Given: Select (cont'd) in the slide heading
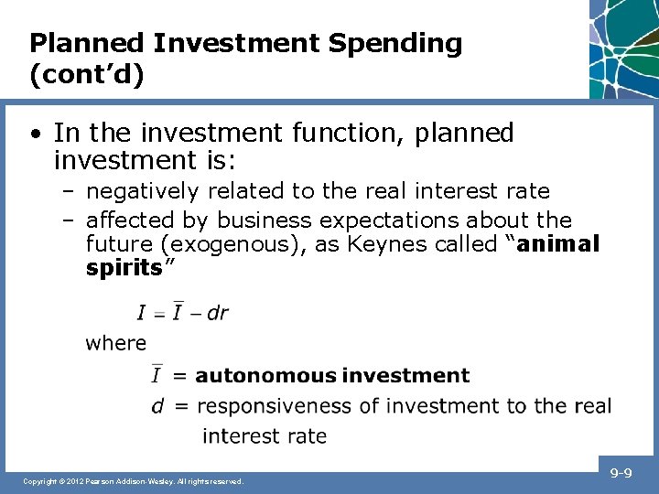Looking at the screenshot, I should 87,74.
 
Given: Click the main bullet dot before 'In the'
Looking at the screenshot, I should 34,134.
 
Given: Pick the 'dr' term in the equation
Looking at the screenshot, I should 217,313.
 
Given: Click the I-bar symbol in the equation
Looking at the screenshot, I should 178,312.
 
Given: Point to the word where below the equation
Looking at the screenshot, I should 115,343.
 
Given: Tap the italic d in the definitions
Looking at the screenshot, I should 157,405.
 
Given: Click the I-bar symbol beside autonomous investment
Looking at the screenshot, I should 157,375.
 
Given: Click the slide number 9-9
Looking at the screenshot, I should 621,474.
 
